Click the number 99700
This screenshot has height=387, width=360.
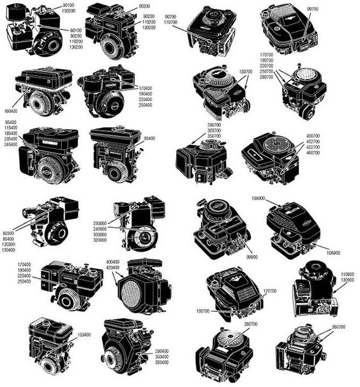[313, 9]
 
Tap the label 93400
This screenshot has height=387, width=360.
[149, 138]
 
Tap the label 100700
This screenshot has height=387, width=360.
[202, 311]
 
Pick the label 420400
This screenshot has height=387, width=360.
[112, 268]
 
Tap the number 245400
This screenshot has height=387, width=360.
[10, 144]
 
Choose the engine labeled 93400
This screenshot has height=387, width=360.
[115, 153]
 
